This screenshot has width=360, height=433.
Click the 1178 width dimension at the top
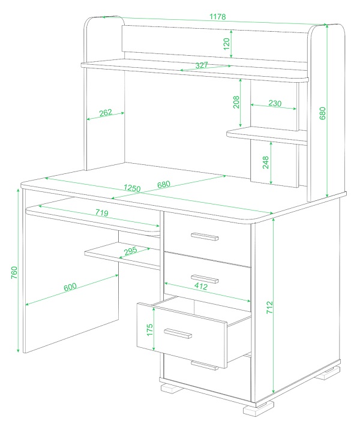[x=217, y=17]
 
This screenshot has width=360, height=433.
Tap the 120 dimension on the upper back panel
[x=226, y=44]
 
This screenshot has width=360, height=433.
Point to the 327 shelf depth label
[x=202, y=65]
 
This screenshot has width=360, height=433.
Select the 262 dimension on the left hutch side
[x=106, y=113]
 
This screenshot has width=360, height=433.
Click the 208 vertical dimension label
[x=236, y=102]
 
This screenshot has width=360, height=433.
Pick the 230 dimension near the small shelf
[x=275, y=103]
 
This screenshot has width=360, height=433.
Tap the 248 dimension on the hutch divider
[x=266, y=163]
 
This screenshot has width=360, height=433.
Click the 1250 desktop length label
[x=132, y=188]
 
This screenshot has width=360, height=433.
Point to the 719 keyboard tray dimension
[x=102, y=213]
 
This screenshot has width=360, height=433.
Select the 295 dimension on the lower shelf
[x=130, y=251]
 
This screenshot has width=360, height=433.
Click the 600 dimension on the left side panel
[x=70, y=287]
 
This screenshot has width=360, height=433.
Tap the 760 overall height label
[x=14, y=272]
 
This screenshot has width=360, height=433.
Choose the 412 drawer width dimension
[x=201, y=286]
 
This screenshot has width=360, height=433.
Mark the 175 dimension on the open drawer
[x=149, y=330]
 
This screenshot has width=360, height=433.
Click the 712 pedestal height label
[x=269, y=307]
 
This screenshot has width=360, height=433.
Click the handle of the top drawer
[x=205, y=237]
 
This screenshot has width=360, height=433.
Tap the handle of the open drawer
[x=178, y=333]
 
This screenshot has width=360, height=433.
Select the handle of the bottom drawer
[x=205, y=365]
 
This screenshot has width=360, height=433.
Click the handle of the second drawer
[x=205, y=279]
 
